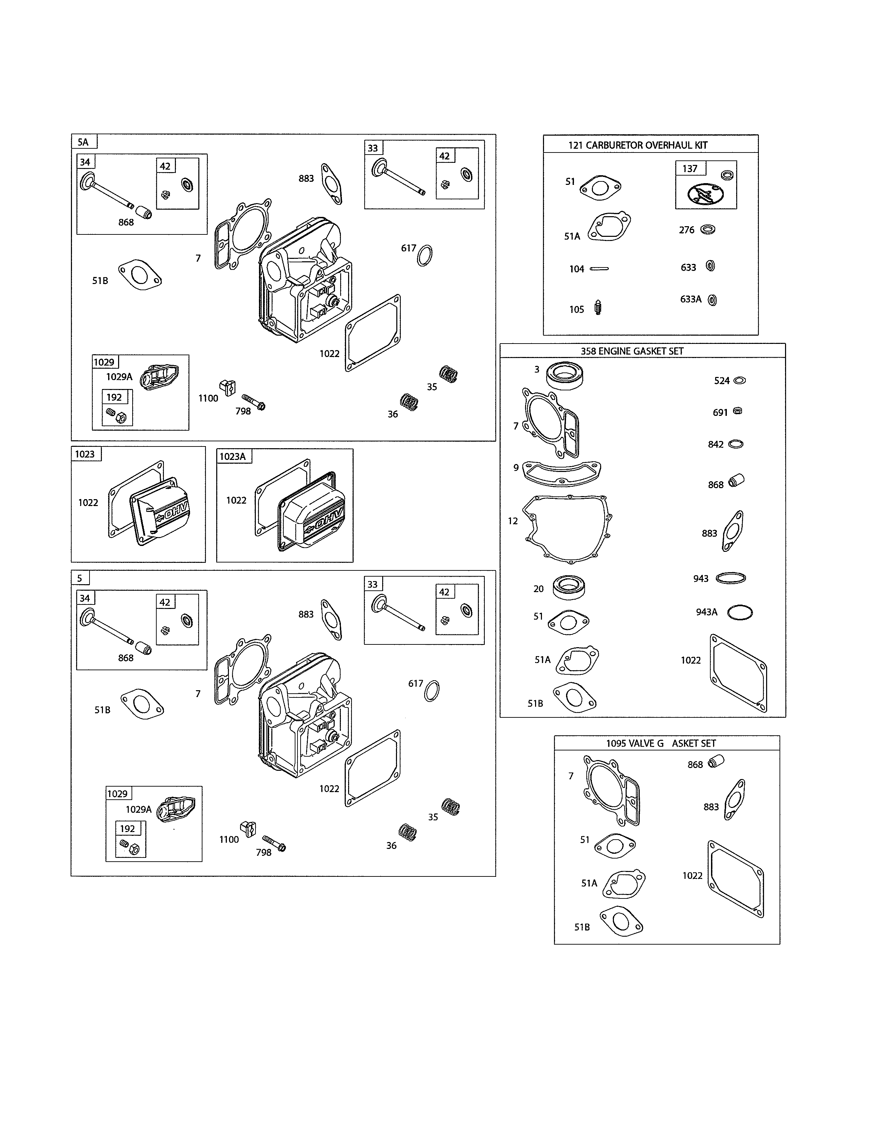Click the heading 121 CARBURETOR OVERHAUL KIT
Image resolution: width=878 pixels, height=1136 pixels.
638,145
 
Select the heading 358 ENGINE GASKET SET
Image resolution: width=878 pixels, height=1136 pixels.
631,351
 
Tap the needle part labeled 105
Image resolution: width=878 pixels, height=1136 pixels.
598,308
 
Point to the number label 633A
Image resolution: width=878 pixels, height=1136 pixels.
691,299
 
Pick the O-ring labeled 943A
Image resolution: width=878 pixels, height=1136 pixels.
740,612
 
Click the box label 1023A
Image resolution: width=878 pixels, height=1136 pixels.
232,456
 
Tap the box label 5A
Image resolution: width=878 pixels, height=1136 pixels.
83,142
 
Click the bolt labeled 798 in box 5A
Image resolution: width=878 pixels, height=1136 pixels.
254,402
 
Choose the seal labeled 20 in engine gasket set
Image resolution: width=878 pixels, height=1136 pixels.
569,586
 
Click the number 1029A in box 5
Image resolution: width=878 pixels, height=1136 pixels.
138,809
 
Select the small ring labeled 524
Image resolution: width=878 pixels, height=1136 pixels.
739,380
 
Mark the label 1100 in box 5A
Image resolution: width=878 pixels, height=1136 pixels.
208,398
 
